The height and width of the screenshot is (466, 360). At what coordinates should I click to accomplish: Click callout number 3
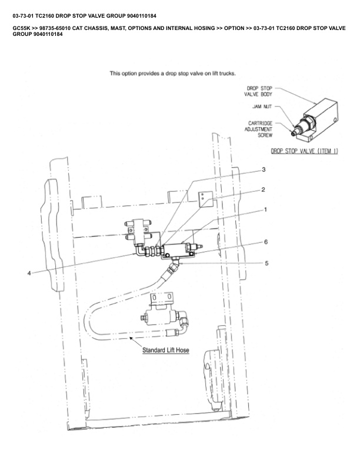264,169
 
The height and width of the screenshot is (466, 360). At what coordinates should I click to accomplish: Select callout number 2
264,189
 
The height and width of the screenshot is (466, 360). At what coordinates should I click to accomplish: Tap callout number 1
265,209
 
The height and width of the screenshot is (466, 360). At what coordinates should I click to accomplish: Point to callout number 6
266,242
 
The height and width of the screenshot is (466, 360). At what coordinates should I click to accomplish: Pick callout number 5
266,263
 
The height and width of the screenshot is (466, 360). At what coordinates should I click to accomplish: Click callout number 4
29,272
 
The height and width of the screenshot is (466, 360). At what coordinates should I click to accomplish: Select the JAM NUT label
262,107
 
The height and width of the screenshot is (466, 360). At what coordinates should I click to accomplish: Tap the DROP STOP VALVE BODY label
259,91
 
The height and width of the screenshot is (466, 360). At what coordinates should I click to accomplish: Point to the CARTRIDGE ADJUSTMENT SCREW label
259,129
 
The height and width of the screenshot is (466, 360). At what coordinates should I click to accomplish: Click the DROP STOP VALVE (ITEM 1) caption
304,151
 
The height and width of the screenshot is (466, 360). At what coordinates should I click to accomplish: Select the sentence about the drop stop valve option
173,74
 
